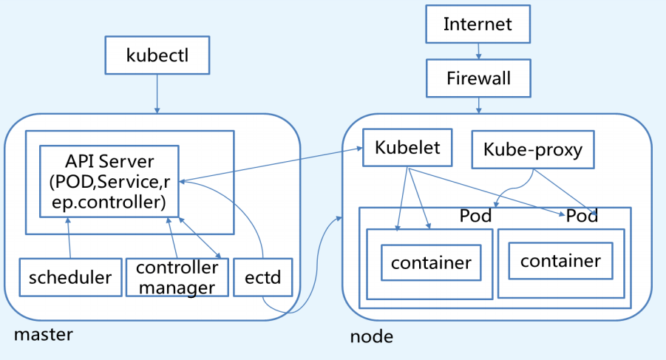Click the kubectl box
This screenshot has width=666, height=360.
pos(157,55)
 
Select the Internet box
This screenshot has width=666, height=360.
pos(478,24)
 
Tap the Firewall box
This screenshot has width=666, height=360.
pos(478,78)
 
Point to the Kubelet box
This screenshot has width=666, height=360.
pos(407,147)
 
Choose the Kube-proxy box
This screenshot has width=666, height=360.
pos(532,150)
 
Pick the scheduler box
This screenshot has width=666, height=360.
pos(69,277)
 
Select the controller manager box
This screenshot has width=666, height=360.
pos(177,277)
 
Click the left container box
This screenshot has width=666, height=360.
pos(431,262)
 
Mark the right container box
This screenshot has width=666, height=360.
pos(560,260)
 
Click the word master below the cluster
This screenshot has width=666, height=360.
pos(44,334)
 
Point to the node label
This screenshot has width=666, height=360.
pos(371,337)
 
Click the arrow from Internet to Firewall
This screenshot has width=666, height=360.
pos(478,50)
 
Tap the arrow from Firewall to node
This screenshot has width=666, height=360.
pos(478,104)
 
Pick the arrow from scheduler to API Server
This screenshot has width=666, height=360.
pos(69,240)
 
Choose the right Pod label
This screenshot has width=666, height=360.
pos(582,217)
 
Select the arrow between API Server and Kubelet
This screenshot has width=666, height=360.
pos(271,165)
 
